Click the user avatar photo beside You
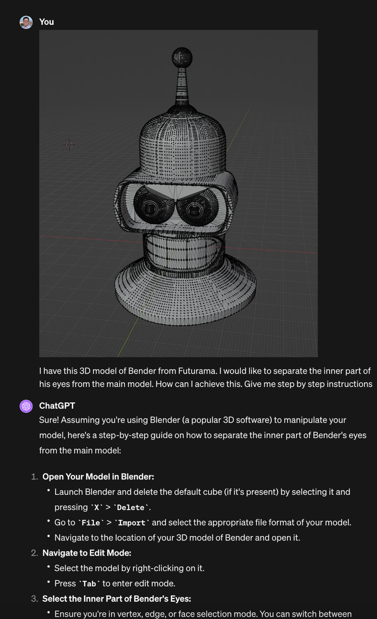pos(26,22)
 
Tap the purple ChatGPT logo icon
pos(26,406)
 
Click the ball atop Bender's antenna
pos(182,57)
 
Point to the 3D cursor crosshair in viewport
pos(69,145)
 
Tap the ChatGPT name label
pos(57,406)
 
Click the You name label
pos(46,22)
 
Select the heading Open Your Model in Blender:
pos(98,477)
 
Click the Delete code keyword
pos(130,508)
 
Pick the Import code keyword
pos(132,523)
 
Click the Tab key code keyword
pos(89,584)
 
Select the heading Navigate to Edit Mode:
pos(87,553)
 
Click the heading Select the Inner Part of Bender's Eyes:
pos(117,599)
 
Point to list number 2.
pos(34,553)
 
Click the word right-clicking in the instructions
pos(158,568)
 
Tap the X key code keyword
pos(97,508)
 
